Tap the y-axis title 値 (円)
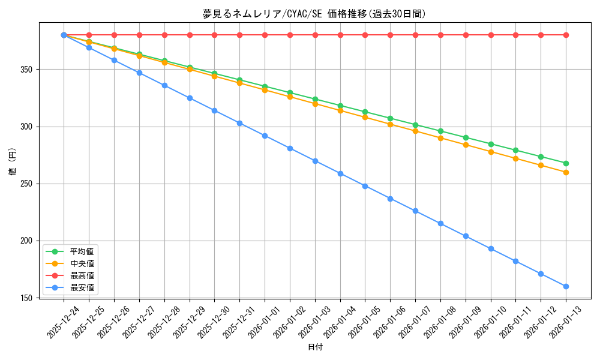(x=13, y=162)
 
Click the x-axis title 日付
(x=314, y=347)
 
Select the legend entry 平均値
(x=82, y=251)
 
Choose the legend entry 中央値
(x=82, y=263)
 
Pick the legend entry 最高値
(x=82, y=275)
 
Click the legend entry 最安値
(x=82, y=287)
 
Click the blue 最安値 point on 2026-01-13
(x=566, y=286)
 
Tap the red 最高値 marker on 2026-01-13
(x=566, y=35)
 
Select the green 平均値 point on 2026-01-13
(x=566, y=163)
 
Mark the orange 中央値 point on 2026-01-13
(x=566, y=172)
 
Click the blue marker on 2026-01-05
(x=365, y=186)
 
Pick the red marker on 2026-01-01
(x=265, y=35)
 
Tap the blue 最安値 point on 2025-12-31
(x=239, y=123)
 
